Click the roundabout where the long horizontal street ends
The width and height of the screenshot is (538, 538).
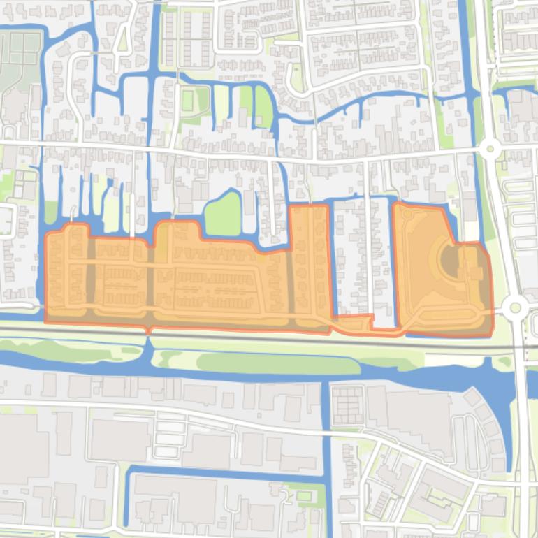tap(490, 148)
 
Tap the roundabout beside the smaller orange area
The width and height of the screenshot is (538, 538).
tap(516, 306)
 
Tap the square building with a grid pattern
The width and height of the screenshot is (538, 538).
tap(347, 405)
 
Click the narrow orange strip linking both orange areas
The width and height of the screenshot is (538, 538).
tap(363, 323)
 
